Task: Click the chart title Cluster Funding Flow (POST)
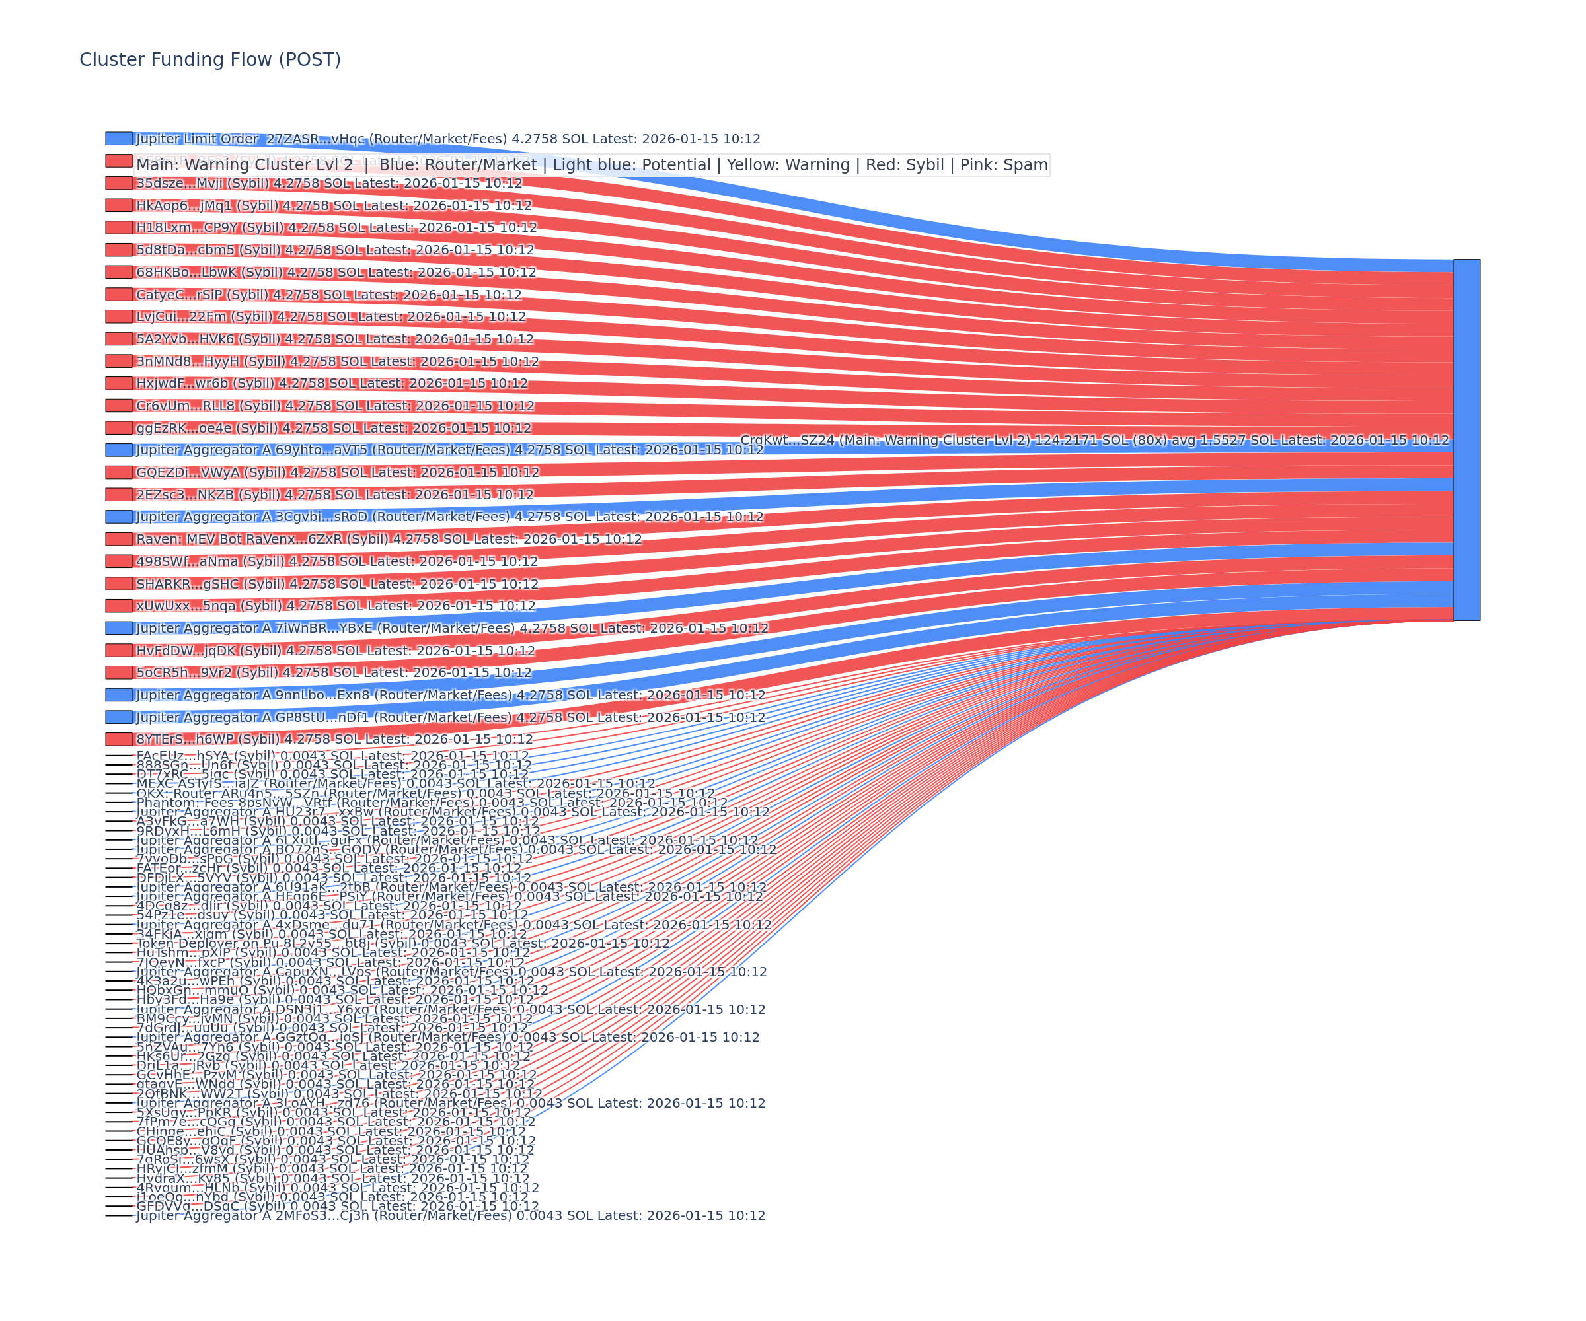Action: pos(210,59)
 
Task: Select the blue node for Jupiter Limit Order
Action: pos(118,139)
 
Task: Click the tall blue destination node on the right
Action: pos(1466,439)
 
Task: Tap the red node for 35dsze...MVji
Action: pos(118,184)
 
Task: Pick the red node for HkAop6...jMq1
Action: pos(118,205)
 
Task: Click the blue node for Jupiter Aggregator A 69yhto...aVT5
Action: pos(118,450)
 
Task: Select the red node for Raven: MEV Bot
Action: pos(118,539)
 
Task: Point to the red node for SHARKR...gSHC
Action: pos(118,583)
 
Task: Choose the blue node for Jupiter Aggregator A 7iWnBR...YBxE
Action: pos(118,628)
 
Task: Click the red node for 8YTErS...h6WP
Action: pos(118,739)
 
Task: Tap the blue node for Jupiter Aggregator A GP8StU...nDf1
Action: pos(118,717)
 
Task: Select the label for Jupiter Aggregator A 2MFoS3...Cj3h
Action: pos(450,1215)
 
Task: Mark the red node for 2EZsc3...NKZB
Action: pos(118,495)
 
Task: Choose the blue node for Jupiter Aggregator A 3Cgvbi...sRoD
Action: pos(118,517)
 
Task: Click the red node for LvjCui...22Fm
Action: pos(118,316)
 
